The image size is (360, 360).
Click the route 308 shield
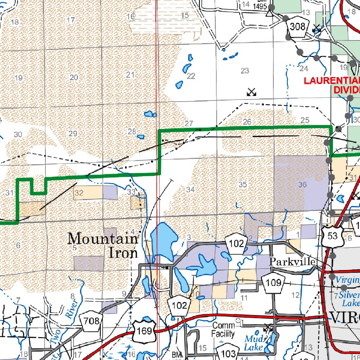point(297,26)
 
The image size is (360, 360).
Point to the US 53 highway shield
point(332,236)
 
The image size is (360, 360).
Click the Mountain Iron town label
point(103,245)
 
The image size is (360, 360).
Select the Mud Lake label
point(254,343)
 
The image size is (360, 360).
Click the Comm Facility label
point(223,329)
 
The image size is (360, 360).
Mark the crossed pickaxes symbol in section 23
point(251,92)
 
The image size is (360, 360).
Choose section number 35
point(243,184)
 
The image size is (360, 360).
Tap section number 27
point(189,123)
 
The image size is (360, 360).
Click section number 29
point(73,134)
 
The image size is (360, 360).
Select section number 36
point(302,184)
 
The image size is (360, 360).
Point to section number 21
point(130,75)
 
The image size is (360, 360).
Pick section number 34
point(190,190)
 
